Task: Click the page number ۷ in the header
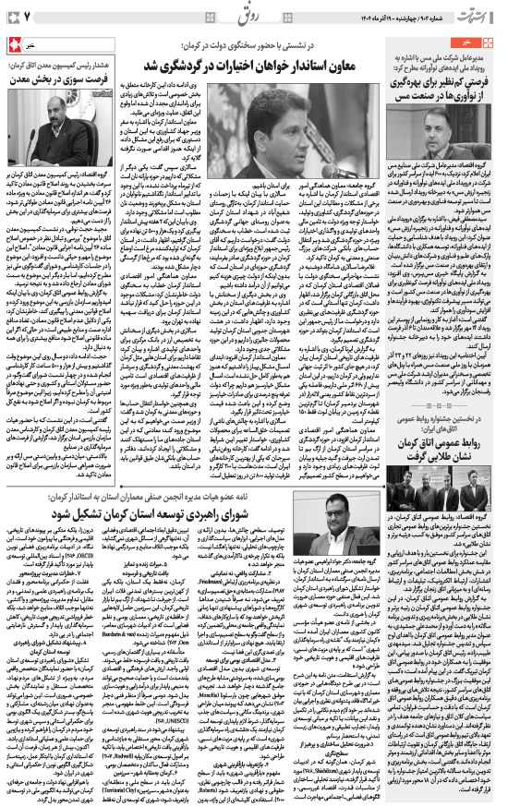[x=27, y=17]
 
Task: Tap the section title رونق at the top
[x=254, y=16]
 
